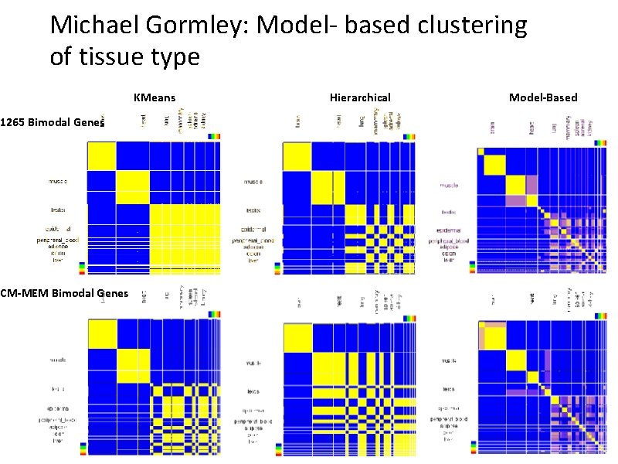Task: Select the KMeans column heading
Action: click(x=154, y=97)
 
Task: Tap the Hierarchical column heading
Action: click(x=360, y=97)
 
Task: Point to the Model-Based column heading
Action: click(x=543, y=97)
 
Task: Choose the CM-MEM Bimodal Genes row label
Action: click(x=64, y=292)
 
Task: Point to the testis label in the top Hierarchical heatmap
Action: click(x=253, y=210)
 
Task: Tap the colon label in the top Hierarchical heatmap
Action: click(x=253, y=253)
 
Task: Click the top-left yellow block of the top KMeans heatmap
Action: click(x=100, y=156)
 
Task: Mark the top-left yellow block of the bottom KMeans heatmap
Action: click(x=100, y=334)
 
